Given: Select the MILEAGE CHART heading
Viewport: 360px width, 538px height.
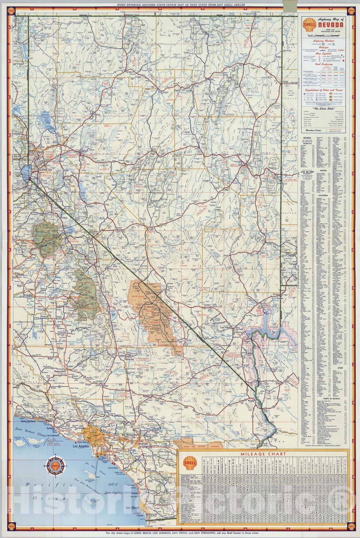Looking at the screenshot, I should click(x=263, y=454).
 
